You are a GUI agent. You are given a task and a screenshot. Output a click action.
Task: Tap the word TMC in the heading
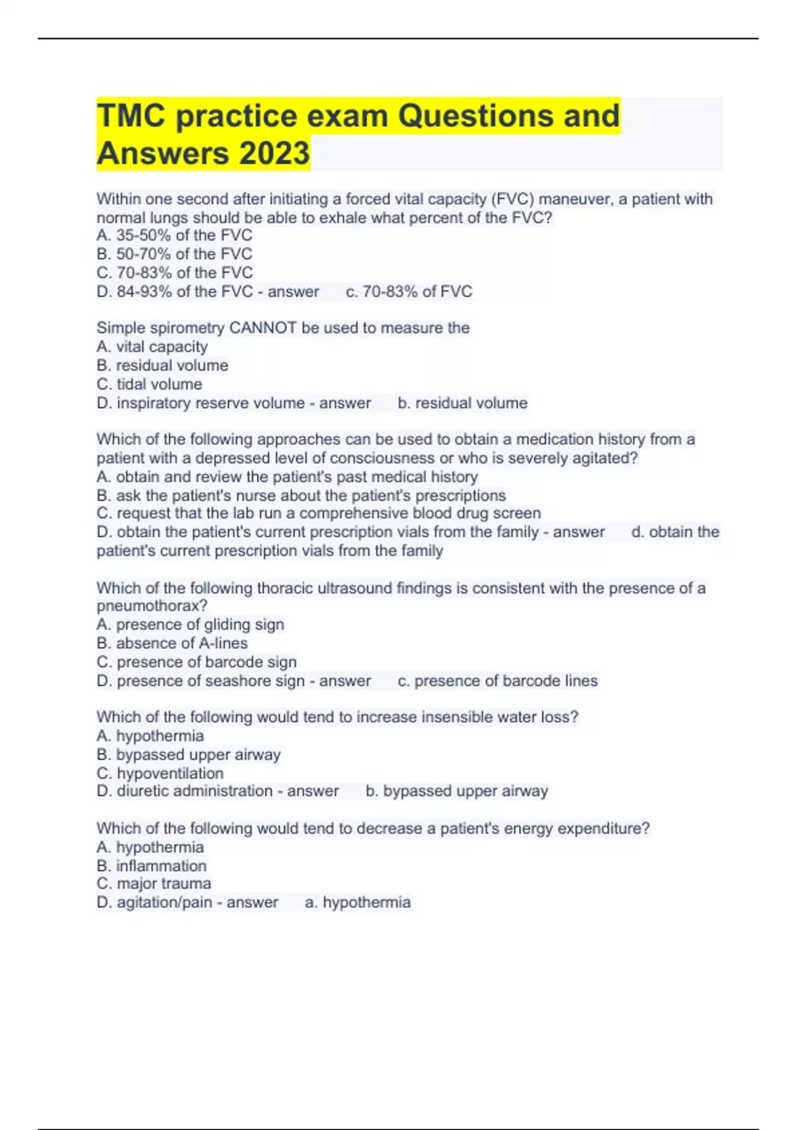[131, 116]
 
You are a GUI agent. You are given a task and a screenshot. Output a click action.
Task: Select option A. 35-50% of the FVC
[174, 235]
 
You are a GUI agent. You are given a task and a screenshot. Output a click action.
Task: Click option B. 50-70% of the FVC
[174, 254]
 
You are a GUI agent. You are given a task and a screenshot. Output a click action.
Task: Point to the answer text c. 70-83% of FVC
[409, 291]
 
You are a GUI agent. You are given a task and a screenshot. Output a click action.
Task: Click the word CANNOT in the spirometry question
[262, 328]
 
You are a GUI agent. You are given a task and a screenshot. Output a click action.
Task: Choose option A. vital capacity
[152, 346]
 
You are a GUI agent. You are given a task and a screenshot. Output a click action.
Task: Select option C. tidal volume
[149, 384]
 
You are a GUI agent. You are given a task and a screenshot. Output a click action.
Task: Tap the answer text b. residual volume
[462, 403]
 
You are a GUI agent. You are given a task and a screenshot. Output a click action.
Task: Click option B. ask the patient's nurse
[301, 495]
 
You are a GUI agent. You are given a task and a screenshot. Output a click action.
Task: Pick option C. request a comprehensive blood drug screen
[319, 513]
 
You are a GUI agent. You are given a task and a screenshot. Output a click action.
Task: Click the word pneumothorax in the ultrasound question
[151, 606]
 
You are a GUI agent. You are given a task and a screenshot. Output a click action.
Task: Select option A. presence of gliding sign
[190, 624]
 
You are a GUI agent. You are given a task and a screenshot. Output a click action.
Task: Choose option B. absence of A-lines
[172, 643]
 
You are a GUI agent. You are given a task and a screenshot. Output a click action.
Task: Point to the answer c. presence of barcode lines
[497, 681]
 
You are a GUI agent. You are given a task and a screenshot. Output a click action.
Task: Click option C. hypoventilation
[160, 773]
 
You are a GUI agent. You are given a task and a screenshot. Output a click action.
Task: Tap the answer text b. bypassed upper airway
[457, 791]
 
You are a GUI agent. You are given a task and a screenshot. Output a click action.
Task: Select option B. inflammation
[151, 865]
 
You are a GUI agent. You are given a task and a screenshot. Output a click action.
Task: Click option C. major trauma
[154, 883]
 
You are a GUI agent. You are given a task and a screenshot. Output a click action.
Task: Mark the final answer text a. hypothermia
[357, 902]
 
